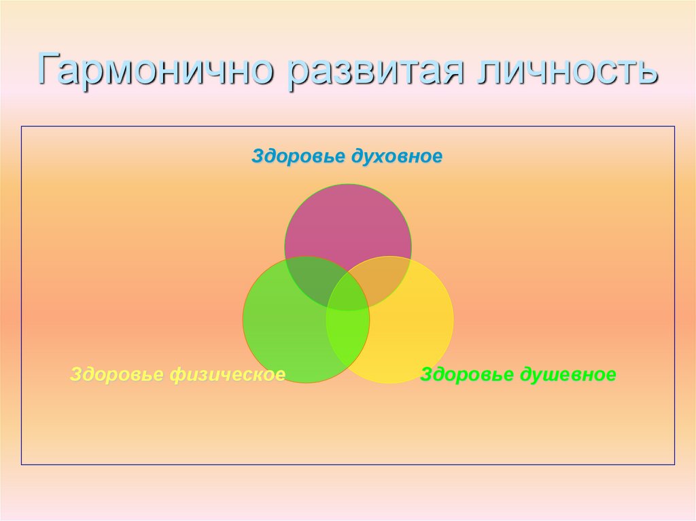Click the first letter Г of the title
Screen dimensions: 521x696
(49, 71)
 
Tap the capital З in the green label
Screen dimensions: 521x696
(426, 374)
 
